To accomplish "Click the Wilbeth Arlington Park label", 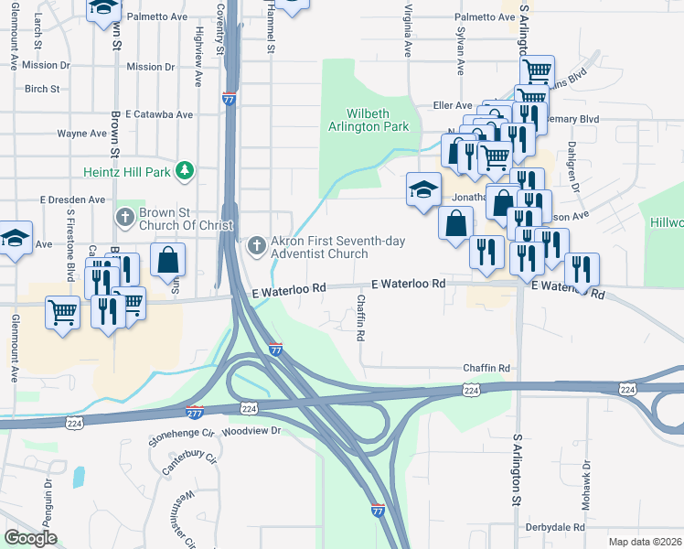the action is tap(369, 120).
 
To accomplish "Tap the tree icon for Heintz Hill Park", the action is tap(186, 170).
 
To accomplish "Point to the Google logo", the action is tap(30, 538).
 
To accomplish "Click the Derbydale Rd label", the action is tap(555, 528).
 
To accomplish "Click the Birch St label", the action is tap(42, 90).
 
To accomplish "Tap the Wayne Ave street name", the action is tap(82, 134).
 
